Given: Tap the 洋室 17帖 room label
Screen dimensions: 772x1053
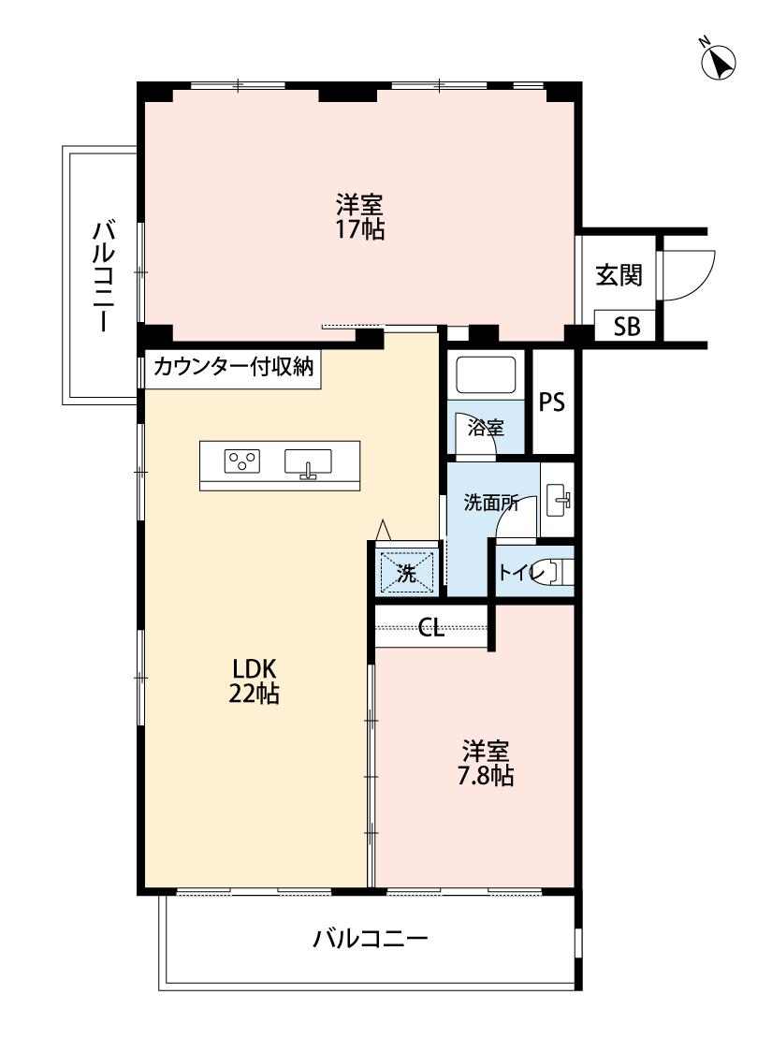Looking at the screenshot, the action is click(x=360, y=215).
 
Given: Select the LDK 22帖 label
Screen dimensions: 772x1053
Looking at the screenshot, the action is click(x=255, y=680).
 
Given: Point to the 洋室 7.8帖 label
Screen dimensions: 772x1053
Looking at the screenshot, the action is click(x=486, y=762).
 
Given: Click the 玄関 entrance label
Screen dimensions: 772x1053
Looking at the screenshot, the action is click(x=619, y=274).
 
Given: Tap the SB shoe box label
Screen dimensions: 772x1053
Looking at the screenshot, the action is click(x=627, y=327).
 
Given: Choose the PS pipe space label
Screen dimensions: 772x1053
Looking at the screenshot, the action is click(x=552, y=402).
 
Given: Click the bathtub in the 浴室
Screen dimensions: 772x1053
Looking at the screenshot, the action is click(x=486, y=375).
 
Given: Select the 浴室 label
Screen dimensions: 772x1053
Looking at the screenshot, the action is click(x=486, y=427).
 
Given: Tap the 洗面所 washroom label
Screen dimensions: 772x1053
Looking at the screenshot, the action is click(x=490, y=503).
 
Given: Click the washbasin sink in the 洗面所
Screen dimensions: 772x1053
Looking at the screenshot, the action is click(x=558, y=500).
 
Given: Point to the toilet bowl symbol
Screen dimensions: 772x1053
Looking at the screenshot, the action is click(x=560, y=572).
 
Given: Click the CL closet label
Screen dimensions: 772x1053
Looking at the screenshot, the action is click(x=431, y=629).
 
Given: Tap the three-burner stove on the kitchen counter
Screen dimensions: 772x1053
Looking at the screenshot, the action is click(x=242, y=461).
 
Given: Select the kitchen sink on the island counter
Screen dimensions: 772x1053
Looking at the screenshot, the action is click(x=308, y=462).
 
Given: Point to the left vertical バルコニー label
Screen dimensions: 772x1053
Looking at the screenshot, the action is click(x=104, y=275).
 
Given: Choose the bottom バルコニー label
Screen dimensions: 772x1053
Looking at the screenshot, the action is click(x=370, y=938).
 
